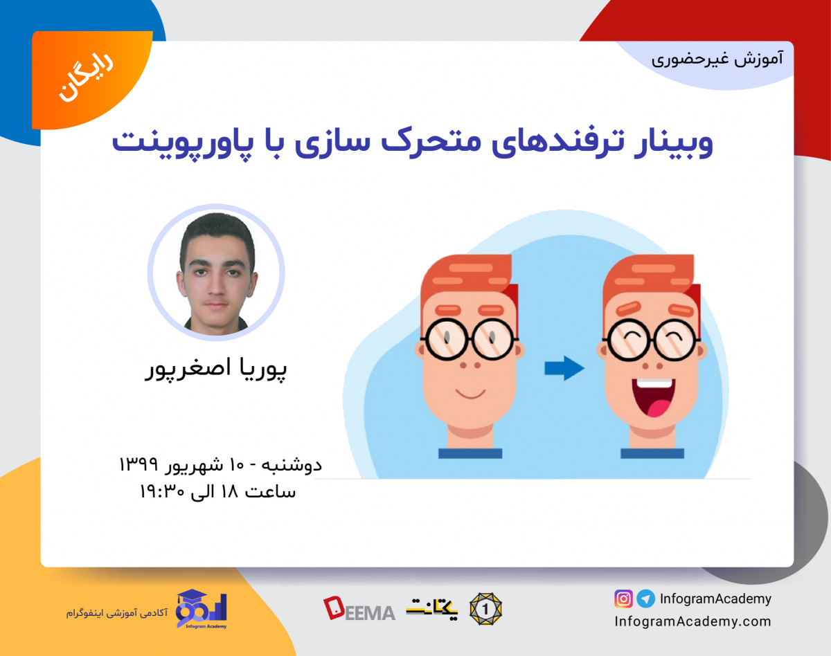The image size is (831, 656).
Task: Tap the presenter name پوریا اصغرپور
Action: [x=216, y=369]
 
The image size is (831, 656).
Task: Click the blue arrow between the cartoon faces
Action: [x=564, y=369]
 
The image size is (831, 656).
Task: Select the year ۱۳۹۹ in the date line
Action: [x=139, y=463]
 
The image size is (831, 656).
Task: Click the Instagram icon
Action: [x=623, y=599]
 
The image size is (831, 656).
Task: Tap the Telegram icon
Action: [x=645, y=599]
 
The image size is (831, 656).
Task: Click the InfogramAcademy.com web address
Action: [x=692, y=621]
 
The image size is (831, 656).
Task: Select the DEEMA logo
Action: [x=359, y=609]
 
